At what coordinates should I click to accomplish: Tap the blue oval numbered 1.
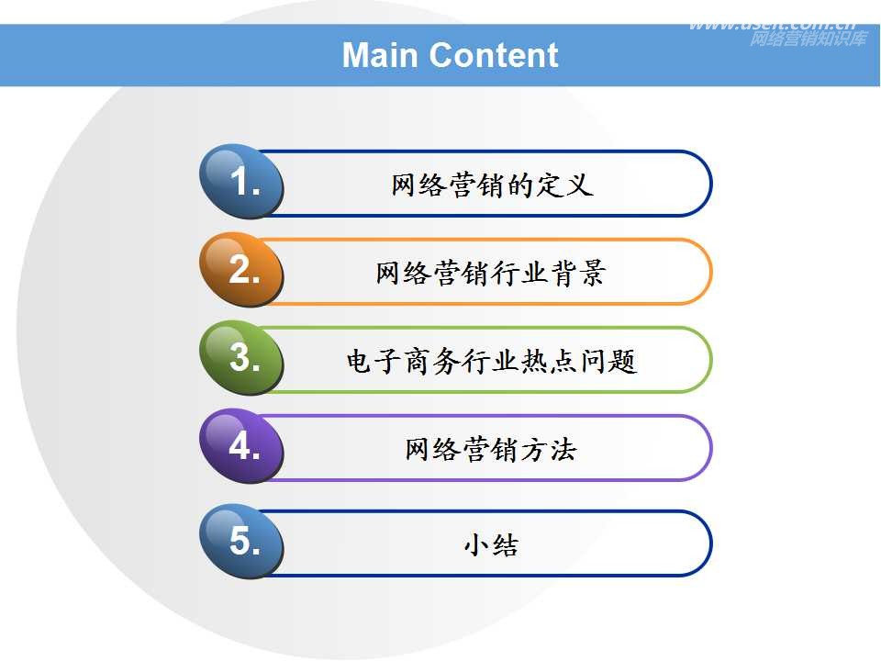click(x=242, y=182)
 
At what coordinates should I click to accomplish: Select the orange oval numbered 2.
click(x=242, y=270)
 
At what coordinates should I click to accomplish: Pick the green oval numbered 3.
click(x=242, y=358)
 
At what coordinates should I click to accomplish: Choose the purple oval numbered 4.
click(x=242, y=446)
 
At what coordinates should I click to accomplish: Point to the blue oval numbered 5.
click(x=242, y=542)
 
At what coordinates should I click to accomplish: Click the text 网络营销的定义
click(x=492, y=185)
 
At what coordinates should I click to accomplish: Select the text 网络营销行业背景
click(x=491, y=273)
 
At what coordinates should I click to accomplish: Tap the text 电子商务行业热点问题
click(x=491, y=361)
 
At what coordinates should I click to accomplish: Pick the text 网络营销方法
click(x=491, y=449)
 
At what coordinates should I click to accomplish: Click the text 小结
click(x=491, y=545)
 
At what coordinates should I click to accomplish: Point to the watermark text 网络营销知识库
click(x=807, y=39)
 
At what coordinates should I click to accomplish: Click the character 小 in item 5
click(x=475, y=545)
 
